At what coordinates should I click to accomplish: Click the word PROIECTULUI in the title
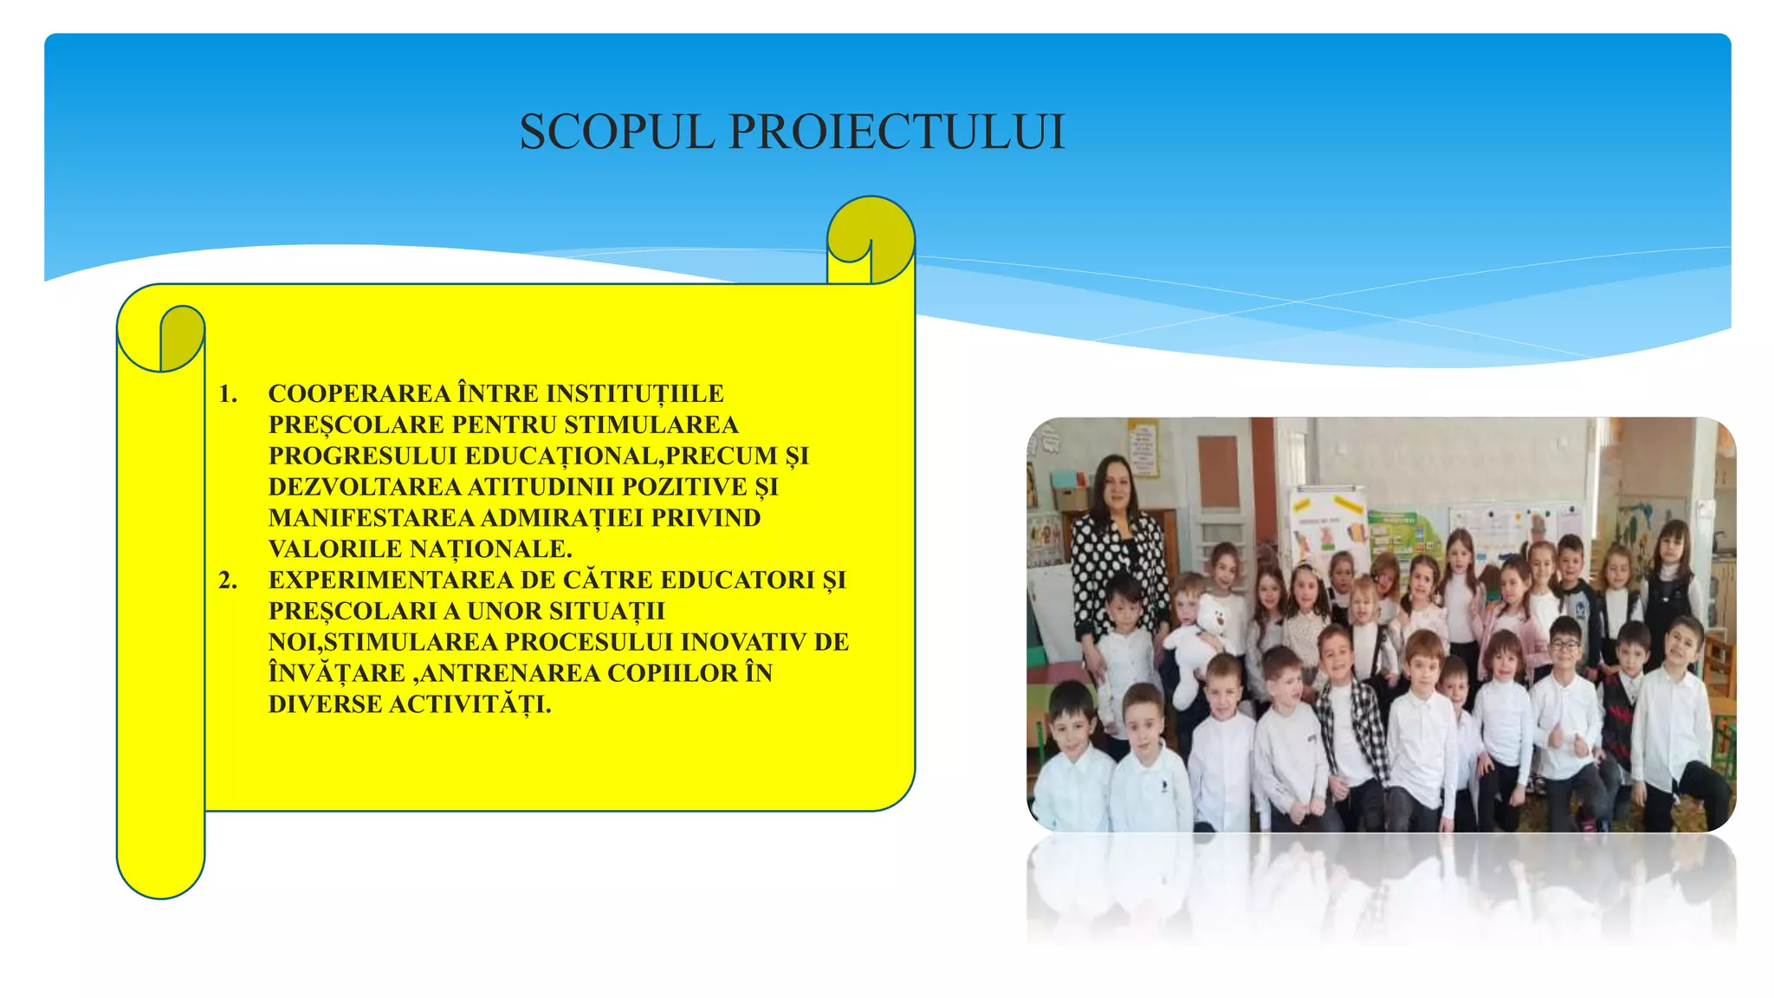897,133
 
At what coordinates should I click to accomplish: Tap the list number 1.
227,394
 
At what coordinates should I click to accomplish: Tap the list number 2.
227,580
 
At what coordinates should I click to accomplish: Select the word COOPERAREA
359,394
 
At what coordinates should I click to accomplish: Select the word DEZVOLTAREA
365,487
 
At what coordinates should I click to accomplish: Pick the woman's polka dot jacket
1117,563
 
